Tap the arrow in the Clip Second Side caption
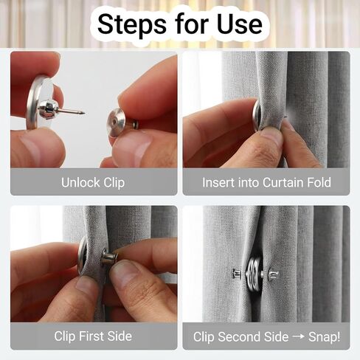click(x=297, y=336)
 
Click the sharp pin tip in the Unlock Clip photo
click(x=82, y=113)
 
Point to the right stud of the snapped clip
click(x=272, y=274)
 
